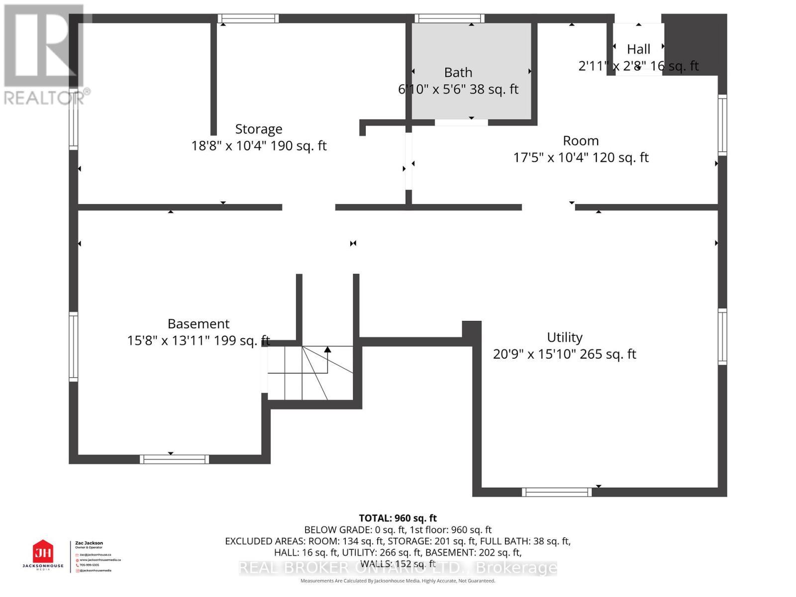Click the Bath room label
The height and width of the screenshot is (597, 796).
[x=458, y=73]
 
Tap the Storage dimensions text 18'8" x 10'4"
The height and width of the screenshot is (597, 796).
[x=259, y=146]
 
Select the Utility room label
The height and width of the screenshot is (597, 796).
[x=564, y=337]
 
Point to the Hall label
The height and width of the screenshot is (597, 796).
[x=638, y=49]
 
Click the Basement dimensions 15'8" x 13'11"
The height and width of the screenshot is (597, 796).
[x=198, y=341]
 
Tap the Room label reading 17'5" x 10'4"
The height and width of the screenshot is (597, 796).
[x=581, y=158]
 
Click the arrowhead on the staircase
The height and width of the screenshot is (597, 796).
[x=327, y=350]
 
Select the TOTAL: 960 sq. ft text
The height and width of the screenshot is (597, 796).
[x=398, y=518]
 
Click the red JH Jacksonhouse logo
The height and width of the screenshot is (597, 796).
[x=43, y=552]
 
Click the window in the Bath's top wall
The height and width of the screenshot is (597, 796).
[x=450, y=19]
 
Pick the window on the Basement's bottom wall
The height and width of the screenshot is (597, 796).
[x=174, y=459]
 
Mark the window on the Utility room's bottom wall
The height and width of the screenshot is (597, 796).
[x=557, y=492]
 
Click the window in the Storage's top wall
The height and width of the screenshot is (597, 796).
[x=248, y=19]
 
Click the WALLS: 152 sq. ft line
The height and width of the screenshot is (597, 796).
[x=398, y=564]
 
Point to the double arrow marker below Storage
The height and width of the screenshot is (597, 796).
[x=353, y=243]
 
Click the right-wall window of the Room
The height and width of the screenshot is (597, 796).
[x=722, y=124]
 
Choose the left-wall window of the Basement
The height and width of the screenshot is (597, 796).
[x=73, y=347]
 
